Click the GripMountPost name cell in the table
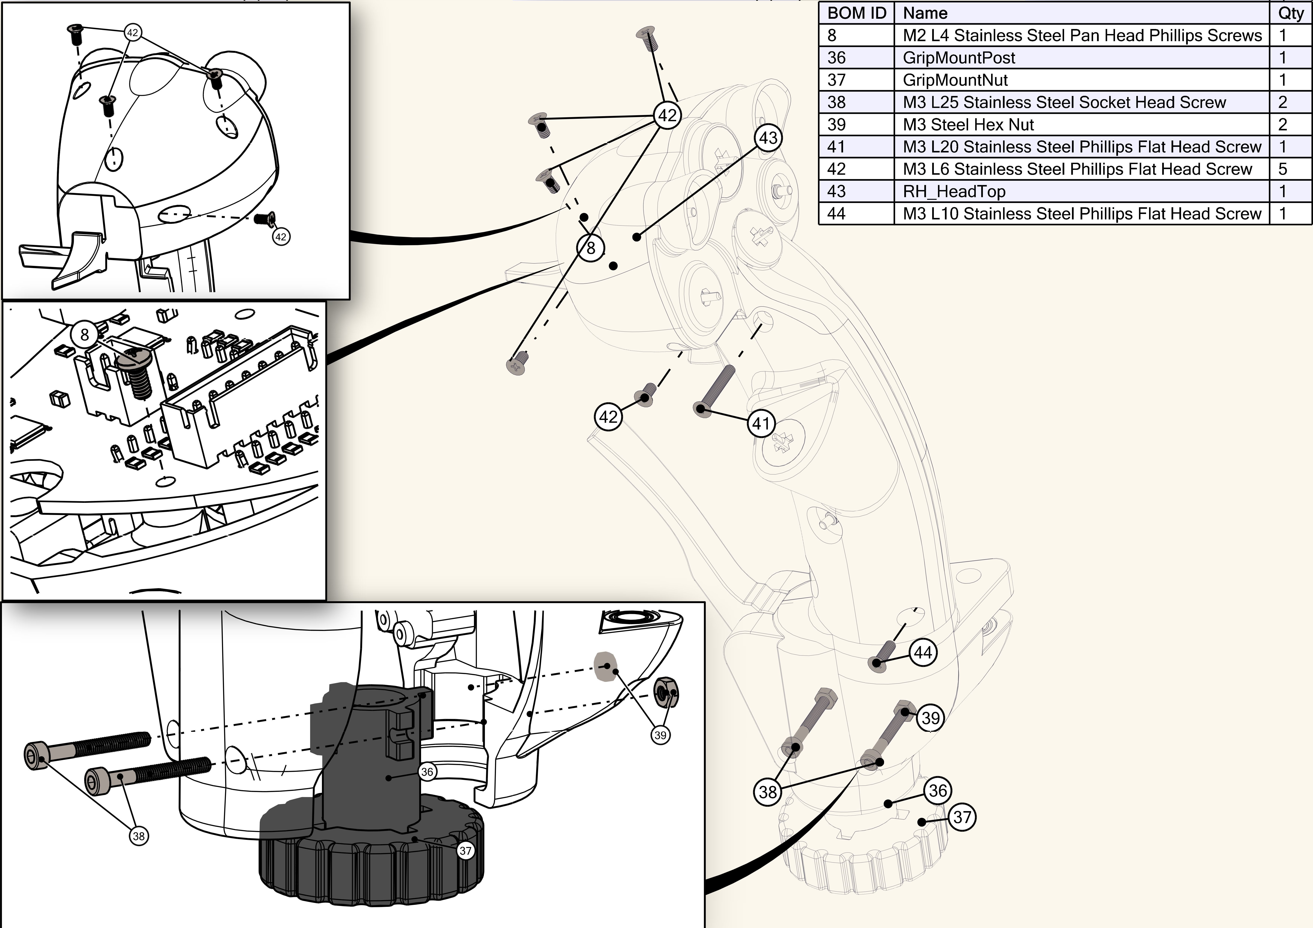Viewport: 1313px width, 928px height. (x=959, y=58)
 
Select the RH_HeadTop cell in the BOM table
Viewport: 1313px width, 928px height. (x=954, y=192)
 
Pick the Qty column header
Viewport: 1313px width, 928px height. (x=1290, y=13)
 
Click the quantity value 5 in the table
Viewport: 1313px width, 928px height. (x=1283, y=169)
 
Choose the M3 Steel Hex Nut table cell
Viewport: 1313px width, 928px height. (x=968, y=125)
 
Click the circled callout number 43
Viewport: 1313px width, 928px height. (x=768, y=138)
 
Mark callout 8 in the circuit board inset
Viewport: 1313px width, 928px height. (x=85, y=334)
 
